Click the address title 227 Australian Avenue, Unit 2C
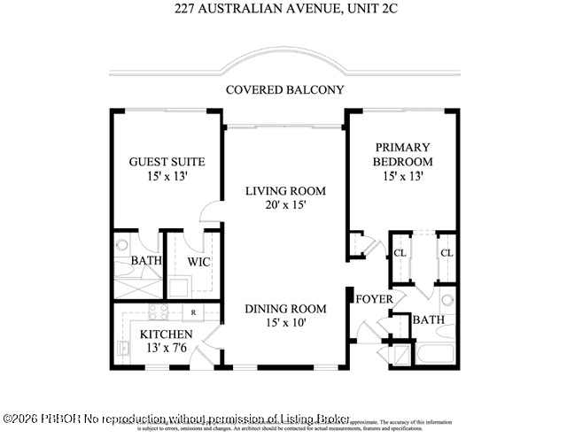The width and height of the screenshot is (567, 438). point(284,10)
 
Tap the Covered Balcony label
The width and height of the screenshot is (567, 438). point(284,89)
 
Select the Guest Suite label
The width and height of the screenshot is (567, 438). point(167,162)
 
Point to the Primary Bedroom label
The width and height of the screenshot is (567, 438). point(402,154)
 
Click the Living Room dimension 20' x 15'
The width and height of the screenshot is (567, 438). point(285,205)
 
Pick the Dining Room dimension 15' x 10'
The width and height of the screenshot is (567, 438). point(285,324)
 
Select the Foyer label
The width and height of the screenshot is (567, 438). point(375,299)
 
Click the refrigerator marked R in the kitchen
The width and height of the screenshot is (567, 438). point(192,312)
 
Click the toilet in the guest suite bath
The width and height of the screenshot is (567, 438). point(123,245)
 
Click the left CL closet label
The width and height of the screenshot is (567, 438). point(400,253)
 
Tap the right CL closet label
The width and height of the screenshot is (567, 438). point(447,253)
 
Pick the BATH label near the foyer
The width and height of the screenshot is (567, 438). point(429,319)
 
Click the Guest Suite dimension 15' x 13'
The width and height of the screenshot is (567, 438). point(167,177)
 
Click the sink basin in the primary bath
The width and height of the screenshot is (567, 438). point(447,298)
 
